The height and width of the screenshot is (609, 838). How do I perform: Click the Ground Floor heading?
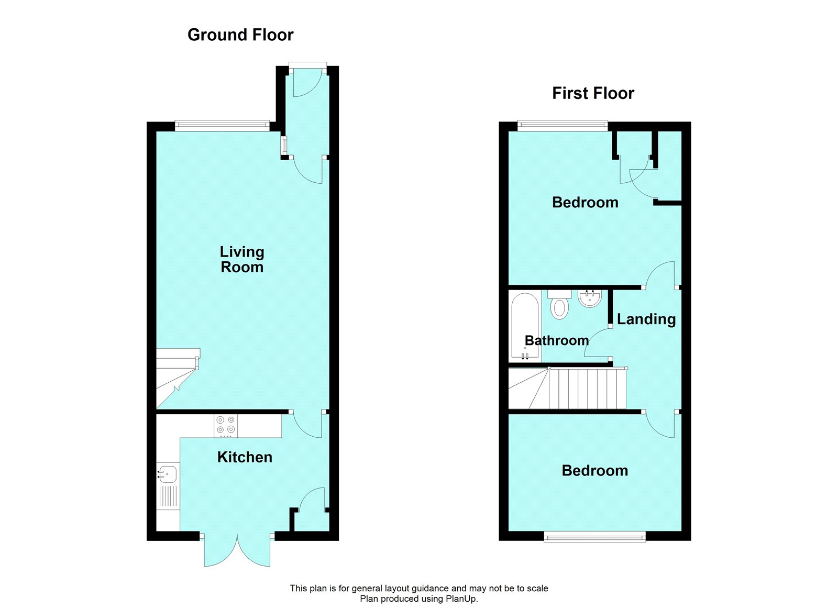tap(240, 35)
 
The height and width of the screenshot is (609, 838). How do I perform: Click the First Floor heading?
tap(593, 94)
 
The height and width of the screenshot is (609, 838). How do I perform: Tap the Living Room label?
tap(242, 259)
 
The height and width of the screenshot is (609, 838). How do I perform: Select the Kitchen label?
tap(245, 457)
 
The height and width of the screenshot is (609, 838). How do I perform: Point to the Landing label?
tap(646, 319)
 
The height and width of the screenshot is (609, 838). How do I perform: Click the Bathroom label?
tap(557, 340)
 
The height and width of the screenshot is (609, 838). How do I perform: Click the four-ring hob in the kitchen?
tap(226, 426)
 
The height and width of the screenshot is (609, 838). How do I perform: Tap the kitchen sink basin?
tap(167, 474)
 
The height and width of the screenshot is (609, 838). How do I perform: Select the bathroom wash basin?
tap(590, 298)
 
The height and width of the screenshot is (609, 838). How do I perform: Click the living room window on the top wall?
tap(222, 126)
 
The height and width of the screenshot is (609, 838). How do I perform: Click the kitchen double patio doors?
tap(237, 550)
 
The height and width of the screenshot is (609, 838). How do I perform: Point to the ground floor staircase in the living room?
tap(178, 378)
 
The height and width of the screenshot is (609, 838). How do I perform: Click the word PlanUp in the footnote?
tap(461, 599)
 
